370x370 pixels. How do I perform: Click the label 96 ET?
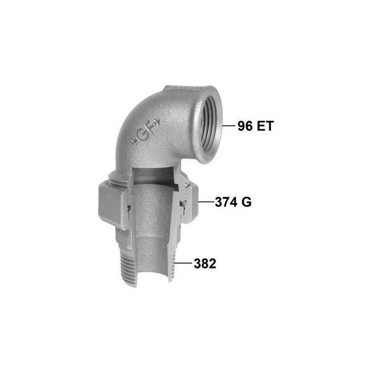[255, 126]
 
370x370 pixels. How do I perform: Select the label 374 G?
[233, 202]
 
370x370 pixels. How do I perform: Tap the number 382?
[205, 264]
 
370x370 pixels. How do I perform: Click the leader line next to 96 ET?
[229, 126]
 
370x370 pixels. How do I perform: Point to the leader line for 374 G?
[206, 202]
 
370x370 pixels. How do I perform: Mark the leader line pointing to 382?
[183, 263]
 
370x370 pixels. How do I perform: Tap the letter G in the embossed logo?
[142, 135]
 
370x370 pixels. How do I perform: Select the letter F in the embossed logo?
[152, 128]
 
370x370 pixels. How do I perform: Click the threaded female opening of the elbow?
[210, 126]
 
